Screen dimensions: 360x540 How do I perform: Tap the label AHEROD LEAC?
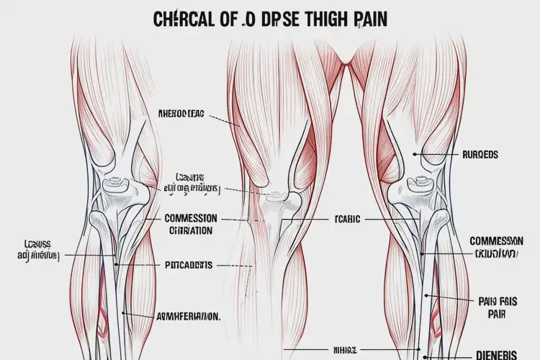[181, 113]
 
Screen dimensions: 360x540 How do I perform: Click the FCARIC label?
[348, 218]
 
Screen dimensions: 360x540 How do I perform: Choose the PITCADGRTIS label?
[185, 265]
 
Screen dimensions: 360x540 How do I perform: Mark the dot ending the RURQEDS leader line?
[416, 154]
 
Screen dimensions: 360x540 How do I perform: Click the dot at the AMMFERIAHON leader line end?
[124, 313]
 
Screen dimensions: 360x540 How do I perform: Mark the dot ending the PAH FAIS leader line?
[427, 295]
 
